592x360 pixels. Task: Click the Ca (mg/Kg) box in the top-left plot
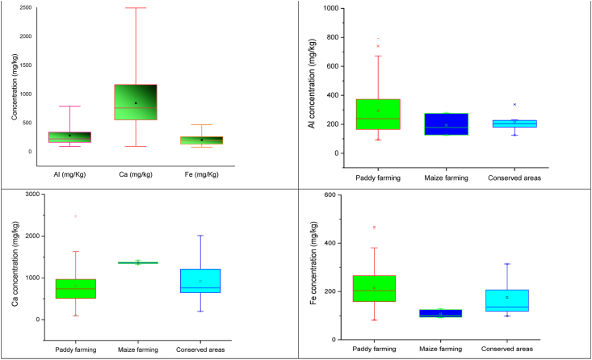[x=136, y=102]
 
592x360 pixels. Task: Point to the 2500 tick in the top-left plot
[x=24, y=8]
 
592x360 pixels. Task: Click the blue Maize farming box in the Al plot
[x=445, y=123]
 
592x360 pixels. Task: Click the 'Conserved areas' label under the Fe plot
[x=507, y=350]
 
